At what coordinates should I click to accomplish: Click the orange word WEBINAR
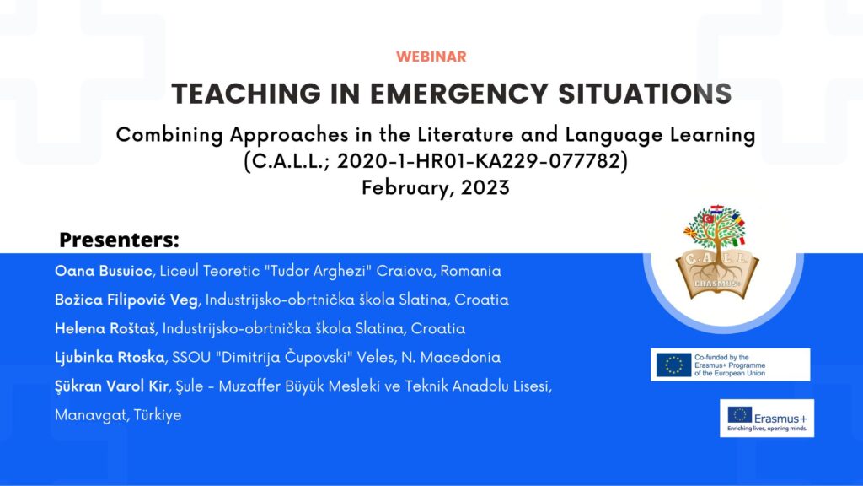coord(431,57)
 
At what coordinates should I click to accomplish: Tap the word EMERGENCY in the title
coord(459,94)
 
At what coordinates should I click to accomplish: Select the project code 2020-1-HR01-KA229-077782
coord(479,161)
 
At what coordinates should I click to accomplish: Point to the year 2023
coord(485,187)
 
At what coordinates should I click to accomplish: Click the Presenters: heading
coord(120,240)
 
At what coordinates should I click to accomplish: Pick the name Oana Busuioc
coord(104,271)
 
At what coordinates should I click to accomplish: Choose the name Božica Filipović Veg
coord(126,300)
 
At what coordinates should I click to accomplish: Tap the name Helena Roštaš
coord(105,328)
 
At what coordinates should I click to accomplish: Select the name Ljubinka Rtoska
coord(110,357)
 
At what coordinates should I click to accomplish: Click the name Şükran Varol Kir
coord(111,386)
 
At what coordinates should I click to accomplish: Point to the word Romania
coord(470,271)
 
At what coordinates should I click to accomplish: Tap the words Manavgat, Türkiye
coord(118,415)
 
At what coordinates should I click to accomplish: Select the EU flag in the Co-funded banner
coord(673,364)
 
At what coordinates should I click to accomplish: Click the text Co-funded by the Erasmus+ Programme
coord(730,361)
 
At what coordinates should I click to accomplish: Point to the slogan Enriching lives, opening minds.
coord(767,429)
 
